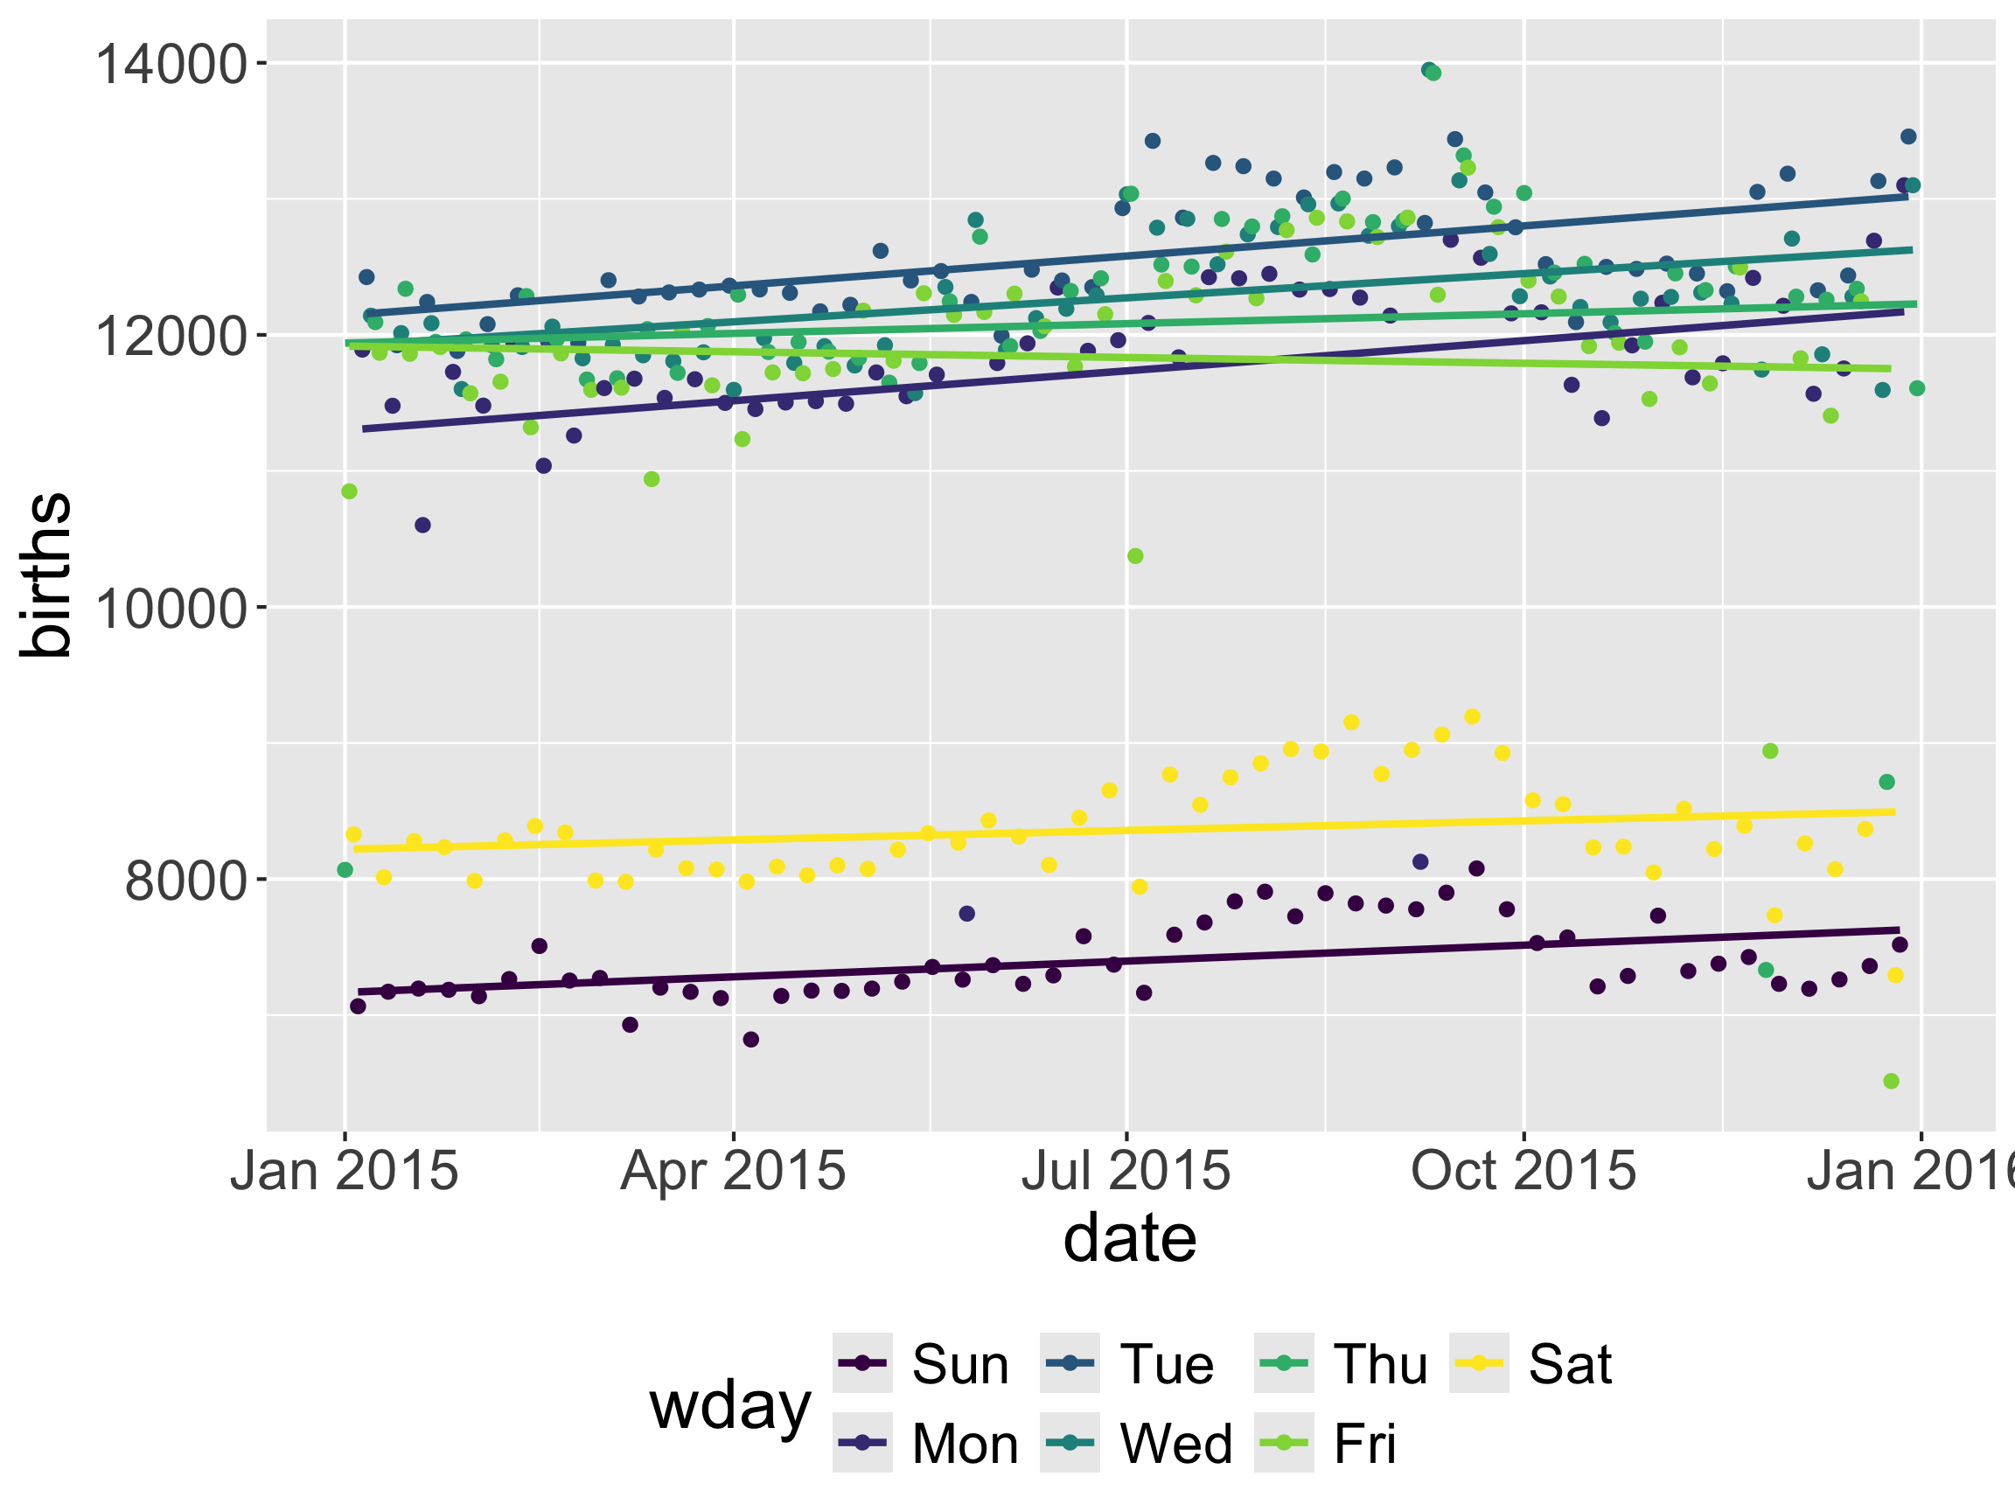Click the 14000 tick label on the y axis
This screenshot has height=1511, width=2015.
pos(171,65)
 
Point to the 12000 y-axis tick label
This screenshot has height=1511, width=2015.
pos(171,336)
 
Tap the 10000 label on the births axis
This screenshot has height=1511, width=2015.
pos(171,609)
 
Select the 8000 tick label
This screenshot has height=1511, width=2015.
pos(185,881)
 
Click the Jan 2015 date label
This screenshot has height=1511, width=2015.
pos(344,1170)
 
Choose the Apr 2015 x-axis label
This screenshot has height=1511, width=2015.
pos(732,1170)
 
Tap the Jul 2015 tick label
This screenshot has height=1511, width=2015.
pos(1126,1170)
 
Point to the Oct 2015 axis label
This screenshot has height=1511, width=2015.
pos(1523,1170)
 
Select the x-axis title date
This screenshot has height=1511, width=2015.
pos(1130,1239)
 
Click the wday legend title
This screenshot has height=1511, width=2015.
pos(729,1405)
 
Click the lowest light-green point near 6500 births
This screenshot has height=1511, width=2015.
pos(1891,1081)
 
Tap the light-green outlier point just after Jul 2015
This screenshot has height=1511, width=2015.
pos(1135,555)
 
